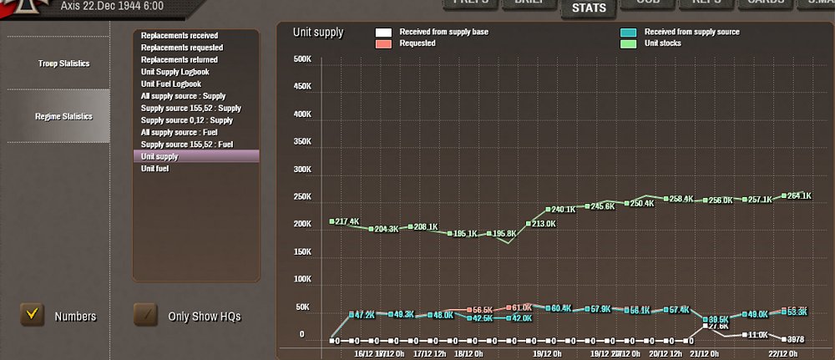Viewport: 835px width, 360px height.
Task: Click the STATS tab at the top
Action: pyautogui.click(x=589, y=9)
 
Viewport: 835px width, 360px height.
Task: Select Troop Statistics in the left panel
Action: pyautogui.click(x=63, y=63)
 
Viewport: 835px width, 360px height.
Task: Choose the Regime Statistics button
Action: pyautogui.click(x=63, y=116)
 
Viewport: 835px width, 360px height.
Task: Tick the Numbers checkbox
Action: pyautogui.click(x=33, y=315)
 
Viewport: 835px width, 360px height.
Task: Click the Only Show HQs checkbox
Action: pyautogui.click(x=146, y=315)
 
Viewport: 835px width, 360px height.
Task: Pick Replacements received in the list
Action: pyautogui.click(x=180, y=36)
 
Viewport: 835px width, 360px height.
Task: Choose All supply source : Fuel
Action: pyautogui.click(x=180, y=133)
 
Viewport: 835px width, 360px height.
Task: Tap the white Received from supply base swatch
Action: pyautogui.click(x=383, y=33)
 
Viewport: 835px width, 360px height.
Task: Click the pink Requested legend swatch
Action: pyautogui.click(x=383, y=43)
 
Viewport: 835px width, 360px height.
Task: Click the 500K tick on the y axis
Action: pyautogui.click(x=301, y=59)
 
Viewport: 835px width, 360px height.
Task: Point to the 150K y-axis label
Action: pyautogui.click(x=301, y=251)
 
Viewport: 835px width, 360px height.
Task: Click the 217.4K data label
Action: pyautogui.click(x=347, y=221)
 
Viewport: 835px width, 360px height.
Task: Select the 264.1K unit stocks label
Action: pyautogui.click(x=799, y=195)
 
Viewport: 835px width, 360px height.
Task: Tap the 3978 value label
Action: pyautogui.click(x=797, y=338)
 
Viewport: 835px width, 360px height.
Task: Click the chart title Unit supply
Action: pyautogui.click(x=317, y=33)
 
